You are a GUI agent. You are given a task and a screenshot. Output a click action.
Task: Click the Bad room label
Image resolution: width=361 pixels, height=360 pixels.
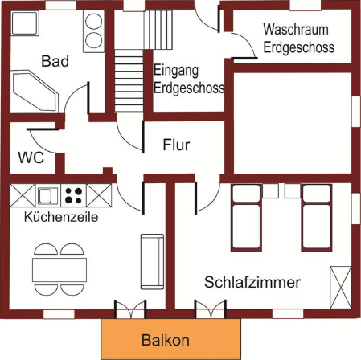pos(55,61)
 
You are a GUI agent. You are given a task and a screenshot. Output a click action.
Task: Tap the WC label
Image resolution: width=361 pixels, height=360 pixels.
pos(31,157)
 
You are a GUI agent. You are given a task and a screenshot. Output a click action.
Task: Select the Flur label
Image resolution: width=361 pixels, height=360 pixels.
pos(176,145)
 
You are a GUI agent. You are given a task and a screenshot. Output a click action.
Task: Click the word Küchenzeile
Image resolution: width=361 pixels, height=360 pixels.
pos(61,217)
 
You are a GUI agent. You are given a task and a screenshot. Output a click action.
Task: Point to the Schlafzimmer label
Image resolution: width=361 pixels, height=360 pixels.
pos(252,282)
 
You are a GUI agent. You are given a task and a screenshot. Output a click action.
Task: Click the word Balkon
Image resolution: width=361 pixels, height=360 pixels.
pos(166,340)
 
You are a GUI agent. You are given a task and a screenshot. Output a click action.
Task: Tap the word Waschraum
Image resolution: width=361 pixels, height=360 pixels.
pos(296,29)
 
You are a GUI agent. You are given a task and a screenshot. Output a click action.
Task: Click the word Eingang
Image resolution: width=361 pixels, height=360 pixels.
pos(176,71)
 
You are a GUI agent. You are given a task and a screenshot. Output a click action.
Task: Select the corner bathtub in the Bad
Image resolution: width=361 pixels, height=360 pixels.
pos(35,91)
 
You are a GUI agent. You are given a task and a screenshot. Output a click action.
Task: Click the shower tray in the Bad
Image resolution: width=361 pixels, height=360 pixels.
pos(25,23)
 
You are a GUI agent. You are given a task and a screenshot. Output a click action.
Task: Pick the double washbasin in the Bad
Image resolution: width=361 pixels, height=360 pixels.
pos(93,31)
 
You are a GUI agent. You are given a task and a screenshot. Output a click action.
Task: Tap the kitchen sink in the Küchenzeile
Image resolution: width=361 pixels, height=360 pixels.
pos(48,195)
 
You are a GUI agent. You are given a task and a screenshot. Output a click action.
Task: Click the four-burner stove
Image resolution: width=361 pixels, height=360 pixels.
pos(74,195)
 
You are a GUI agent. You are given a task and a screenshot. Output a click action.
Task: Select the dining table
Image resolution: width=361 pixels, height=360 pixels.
pos(59,270)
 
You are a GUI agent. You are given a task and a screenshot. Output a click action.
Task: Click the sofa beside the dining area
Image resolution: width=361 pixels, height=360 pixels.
pos(152,262)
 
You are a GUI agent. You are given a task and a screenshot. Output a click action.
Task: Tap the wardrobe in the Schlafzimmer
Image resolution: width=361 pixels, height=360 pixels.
pos(341,288)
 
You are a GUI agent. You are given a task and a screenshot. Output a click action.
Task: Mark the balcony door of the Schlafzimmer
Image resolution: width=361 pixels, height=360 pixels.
pos(211,309)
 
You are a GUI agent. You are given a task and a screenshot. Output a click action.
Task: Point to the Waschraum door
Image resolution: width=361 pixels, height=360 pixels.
pos(244,46)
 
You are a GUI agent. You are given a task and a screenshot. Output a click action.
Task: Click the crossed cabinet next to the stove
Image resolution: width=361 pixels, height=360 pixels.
pos(99,195)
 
